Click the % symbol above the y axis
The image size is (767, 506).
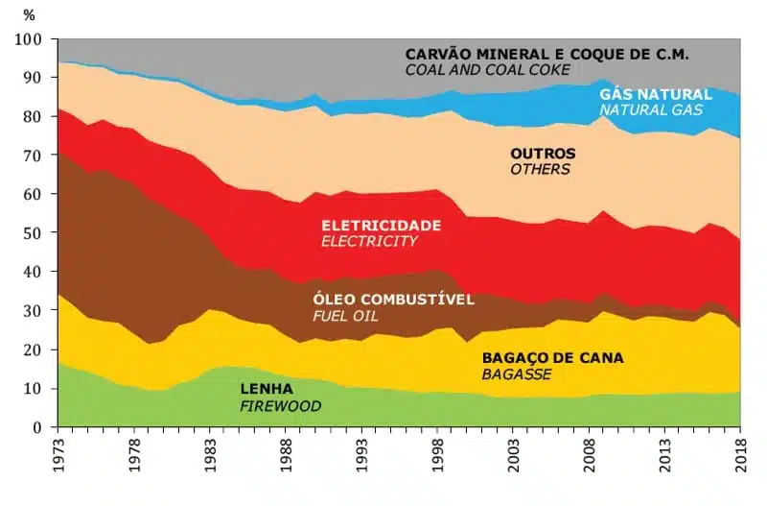(x=30, y=15)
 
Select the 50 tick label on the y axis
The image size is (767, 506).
(x=35, y=233)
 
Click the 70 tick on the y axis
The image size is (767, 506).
(x=35, y=156)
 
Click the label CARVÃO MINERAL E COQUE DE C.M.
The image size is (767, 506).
(x=547, y=55)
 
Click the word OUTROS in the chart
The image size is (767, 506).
(x=544, y=154)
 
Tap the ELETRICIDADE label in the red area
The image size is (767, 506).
(x=382, y=226)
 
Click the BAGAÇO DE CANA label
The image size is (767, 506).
(x=552, y=358)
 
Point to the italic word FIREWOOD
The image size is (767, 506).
(x=281, y=406)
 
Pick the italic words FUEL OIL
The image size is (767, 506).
(x=345, y=315)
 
